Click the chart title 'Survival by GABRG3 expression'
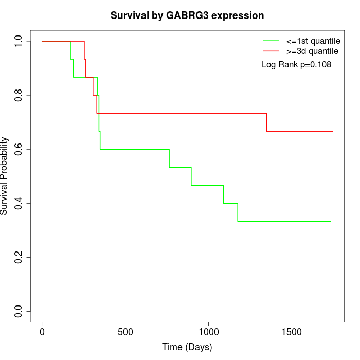point(187,16)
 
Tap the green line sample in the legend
point(271,41)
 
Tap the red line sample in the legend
point(271,51)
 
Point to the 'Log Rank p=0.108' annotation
point(296,65)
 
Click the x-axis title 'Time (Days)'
point(187,347)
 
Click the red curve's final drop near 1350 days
point(266,122)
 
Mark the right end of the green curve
point(330,221)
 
